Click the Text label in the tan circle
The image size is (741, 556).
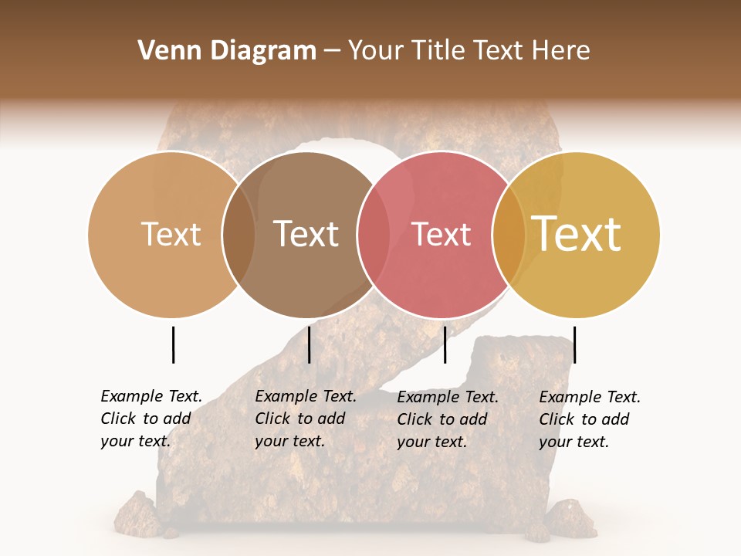point(171,234)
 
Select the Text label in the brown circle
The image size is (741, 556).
point(306,234)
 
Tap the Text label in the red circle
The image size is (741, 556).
point(442,234)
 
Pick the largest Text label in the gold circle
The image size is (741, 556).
point(577,234)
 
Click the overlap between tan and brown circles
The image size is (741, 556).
point(239,234)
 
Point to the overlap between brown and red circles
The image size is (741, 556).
point(374,234)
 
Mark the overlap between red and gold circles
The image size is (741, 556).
point(509,234)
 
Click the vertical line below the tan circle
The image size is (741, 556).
point(173,344)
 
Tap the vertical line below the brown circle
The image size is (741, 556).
point(309,344)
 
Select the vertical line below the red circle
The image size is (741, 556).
point(445,344)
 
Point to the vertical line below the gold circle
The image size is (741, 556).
point(574,344)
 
